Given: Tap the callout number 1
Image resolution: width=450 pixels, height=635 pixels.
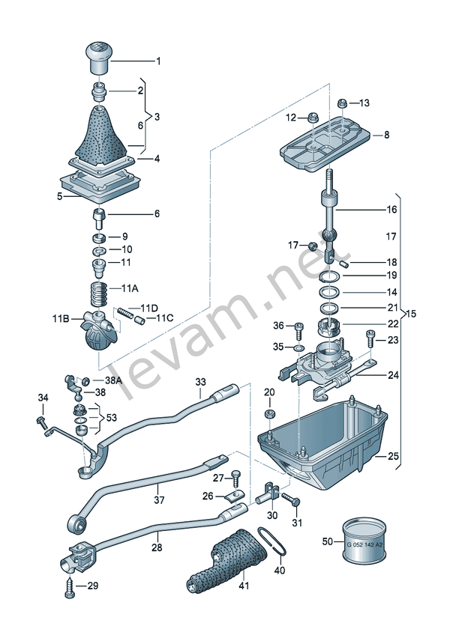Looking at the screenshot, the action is click(159, 61).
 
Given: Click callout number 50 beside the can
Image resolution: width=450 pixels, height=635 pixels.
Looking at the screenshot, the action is click(328, 541).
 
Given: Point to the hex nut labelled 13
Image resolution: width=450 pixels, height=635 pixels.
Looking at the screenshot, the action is click(343, 103).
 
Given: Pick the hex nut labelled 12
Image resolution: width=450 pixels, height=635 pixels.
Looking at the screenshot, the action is click(314, 118).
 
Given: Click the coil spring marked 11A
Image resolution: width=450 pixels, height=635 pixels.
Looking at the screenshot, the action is click(99, 294).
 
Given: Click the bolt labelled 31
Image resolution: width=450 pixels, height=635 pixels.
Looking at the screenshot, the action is click(291, 499).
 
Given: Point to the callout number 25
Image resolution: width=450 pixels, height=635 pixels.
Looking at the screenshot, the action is click(393, 456).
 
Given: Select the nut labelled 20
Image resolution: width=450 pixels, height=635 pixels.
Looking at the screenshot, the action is click(269, 414).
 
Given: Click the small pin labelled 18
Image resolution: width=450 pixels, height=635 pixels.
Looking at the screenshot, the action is click(344, 264).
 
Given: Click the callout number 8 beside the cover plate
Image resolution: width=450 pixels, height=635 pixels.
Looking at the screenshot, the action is click(386, 135).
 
